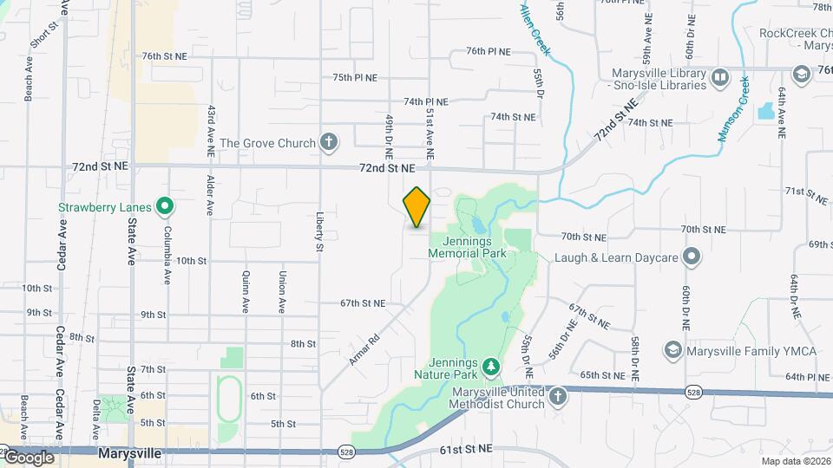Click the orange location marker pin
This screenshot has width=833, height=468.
click(417, 207)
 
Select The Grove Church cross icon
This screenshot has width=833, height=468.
click(328, 142)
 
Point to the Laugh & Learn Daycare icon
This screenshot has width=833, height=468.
click(691, 257)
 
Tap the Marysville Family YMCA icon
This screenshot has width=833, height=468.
click(671, 350)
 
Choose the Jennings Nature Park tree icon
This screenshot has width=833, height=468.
click(491, 367)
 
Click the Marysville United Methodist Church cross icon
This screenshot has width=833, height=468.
click(557, 397)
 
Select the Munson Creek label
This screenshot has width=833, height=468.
click(733, 109)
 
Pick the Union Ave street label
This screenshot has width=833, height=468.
click(282, 292)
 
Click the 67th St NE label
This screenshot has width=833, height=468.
click(363, 303)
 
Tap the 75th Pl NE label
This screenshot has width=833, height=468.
click(355, 77)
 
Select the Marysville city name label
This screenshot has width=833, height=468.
click(129, 452)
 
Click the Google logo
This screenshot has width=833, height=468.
click(29, 458)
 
